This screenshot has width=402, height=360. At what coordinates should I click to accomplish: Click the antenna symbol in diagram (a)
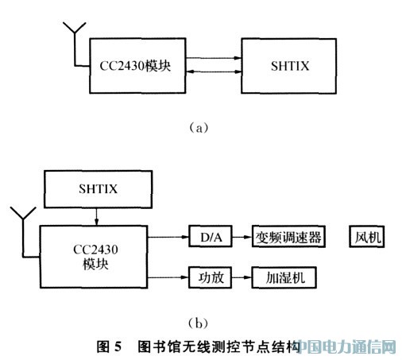coord(75,45)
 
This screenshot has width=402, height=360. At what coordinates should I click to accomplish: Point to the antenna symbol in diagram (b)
coord(23,233)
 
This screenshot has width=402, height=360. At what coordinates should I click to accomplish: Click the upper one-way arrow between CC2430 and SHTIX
coord(214,58)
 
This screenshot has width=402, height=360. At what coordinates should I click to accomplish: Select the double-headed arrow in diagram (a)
coord(214,72)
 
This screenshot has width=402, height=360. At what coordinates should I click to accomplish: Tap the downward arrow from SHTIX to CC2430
coord(96,217)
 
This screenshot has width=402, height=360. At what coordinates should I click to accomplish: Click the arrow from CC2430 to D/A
coord(168,237)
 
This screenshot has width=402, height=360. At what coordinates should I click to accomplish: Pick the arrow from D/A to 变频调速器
coord(242,237)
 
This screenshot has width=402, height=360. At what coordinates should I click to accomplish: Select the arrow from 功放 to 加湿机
coord(242,277)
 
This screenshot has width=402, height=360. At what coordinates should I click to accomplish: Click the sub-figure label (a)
coord(199,128)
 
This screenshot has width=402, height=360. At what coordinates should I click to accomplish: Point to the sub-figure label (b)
coord(198,323)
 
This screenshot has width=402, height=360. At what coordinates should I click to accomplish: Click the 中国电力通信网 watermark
coord(347,346)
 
